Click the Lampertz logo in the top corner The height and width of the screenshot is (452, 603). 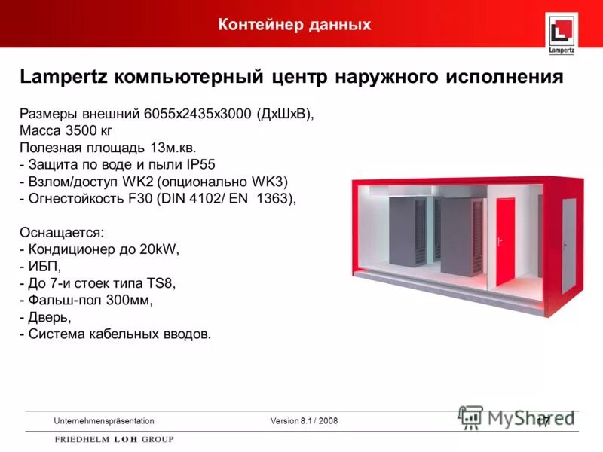point(562,35)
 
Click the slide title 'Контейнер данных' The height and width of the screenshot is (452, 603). point(295,25)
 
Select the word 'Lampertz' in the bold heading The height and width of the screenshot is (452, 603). point(63,77)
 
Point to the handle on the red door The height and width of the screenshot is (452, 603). point(498,243)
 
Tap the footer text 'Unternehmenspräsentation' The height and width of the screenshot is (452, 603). point(104,420)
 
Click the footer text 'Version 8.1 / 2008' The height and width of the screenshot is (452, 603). point(304,420)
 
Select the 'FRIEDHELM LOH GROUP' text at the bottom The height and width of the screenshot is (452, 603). point(114,439)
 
